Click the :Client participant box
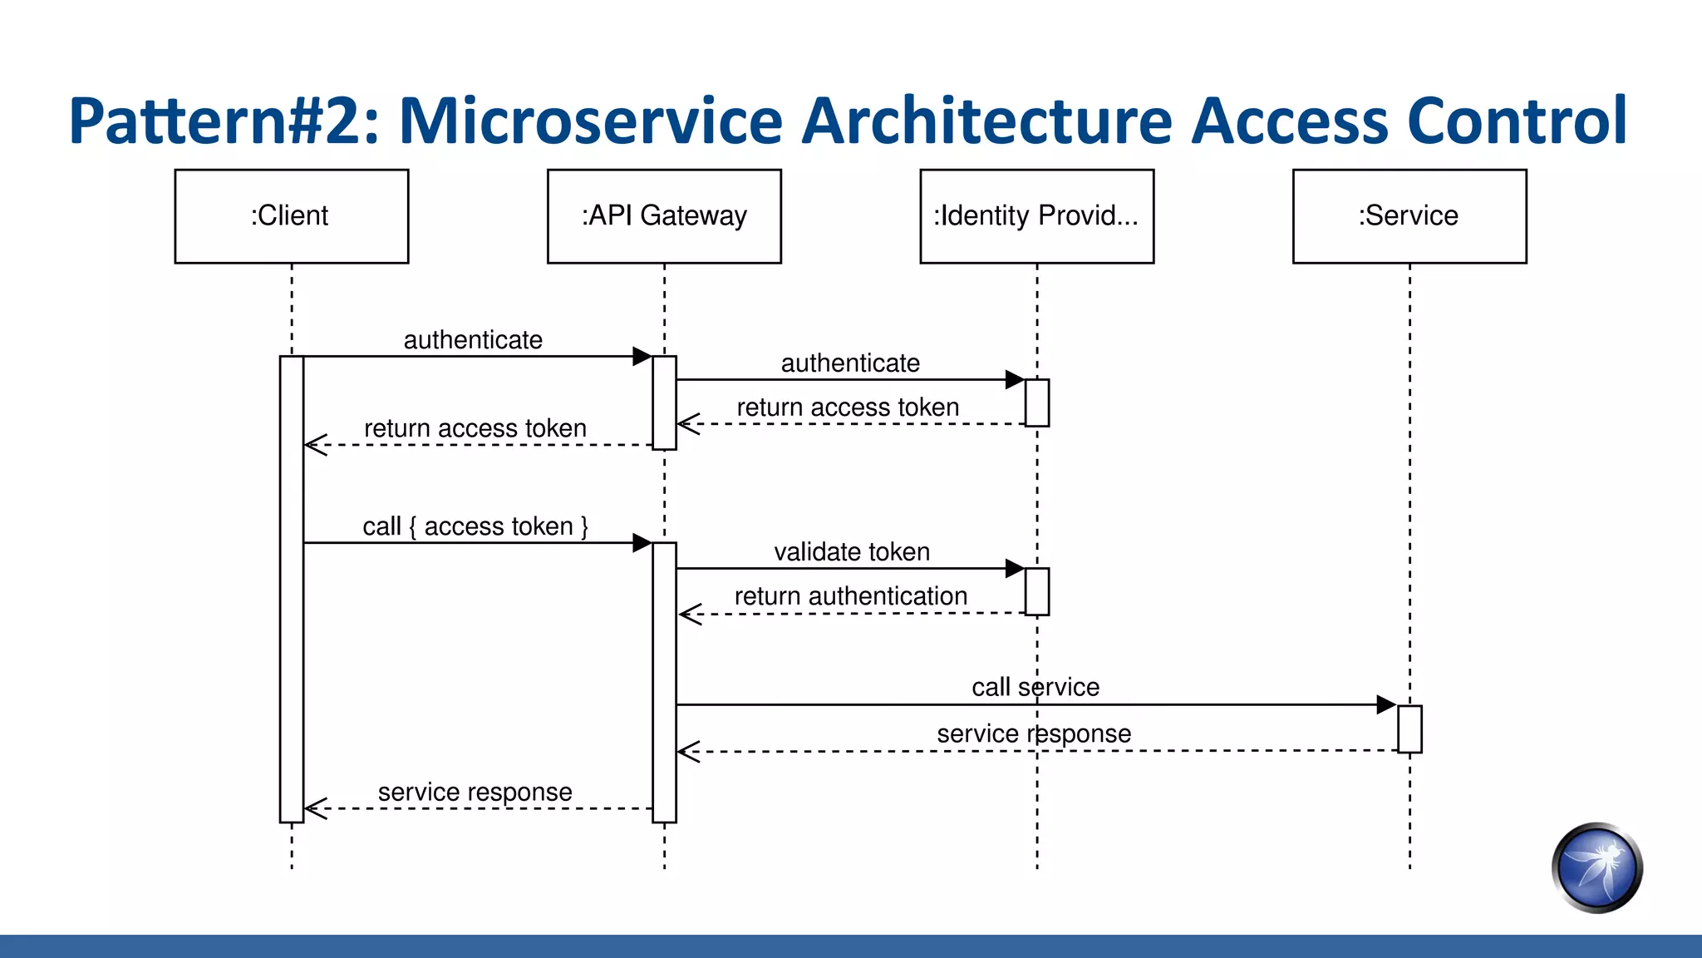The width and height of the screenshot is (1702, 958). click(291, 216)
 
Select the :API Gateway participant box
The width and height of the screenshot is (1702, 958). click(664, 216)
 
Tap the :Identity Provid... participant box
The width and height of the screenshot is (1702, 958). click(1036, 216)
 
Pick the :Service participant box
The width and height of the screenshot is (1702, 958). click(1409, 216)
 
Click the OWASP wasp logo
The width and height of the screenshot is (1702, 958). click(1596, 868)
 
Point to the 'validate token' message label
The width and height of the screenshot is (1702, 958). click(852, 552)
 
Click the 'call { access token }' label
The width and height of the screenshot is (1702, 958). click(475, 526)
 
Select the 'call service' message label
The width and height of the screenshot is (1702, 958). click(1035, 687)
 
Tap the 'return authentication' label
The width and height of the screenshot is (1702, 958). click(851, 596)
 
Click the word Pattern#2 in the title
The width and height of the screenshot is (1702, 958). click(224, 121)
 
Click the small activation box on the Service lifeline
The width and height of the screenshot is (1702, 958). click(1409, 728)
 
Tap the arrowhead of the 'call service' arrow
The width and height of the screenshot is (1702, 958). click(1386, 704)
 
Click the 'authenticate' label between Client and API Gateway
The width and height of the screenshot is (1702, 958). click(473, 340)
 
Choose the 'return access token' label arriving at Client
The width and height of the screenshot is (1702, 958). click(475, 428)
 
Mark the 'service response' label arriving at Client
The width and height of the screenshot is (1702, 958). click(475, 792)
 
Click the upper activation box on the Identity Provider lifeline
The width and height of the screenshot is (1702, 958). click(1036, 402)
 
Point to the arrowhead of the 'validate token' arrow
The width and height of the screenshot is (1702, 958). click(1015, 568)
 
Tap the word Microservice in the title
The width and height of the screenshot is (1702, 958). click(590, 121)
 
